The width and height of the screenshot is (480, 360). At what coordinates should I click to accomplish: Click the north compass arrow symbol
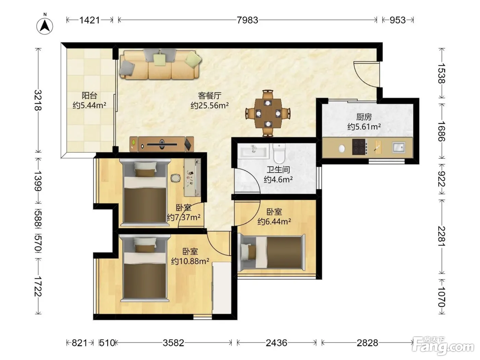click(45, 26)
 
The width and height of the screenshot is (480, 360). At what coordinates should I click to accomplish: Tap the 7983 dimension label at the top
click(247, 20)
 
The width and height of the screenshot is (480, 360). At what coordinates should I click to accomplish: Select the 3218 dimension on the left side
click(38, 100)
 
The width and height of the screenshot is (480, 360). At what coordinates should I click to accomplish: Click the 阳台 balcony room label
click(89, 95)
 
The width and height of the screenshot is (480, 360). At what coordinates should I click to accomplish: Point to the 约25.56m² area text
click(209, 105)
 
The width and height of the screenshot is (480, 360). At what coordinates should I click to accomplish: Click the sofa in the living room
click(160, 64)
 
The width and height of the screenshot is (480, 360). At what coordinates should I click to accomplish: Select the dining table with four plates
click(268, 113)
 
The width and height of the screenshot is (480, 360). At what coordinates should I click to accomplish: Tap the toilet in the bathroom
click(279, 154)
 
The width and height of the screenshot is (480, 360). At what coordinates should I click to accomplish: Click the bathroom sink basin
click(254, 151)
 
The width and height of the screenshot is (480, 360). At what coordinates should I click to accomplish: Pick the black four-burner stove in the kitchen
click(359, 147)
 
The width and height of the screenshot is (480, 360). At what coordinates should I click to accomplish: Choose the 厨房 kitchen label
click(364, 117)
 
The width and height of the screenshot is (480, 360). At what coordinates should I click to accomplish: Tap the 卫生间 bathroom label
click(278, 169)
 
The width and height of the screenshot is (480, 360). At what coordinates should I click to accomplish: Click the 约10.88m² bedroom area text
click(190, 261)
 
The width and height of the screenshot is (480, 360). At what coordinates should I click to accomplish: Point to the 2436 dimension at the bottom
click(276, 343)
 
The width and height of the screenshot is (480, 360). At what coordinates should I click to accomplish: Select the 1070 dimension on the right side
click(442, 297)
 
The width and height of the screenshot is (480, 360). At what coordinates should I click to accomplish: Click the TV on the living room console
click(162, 144)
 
